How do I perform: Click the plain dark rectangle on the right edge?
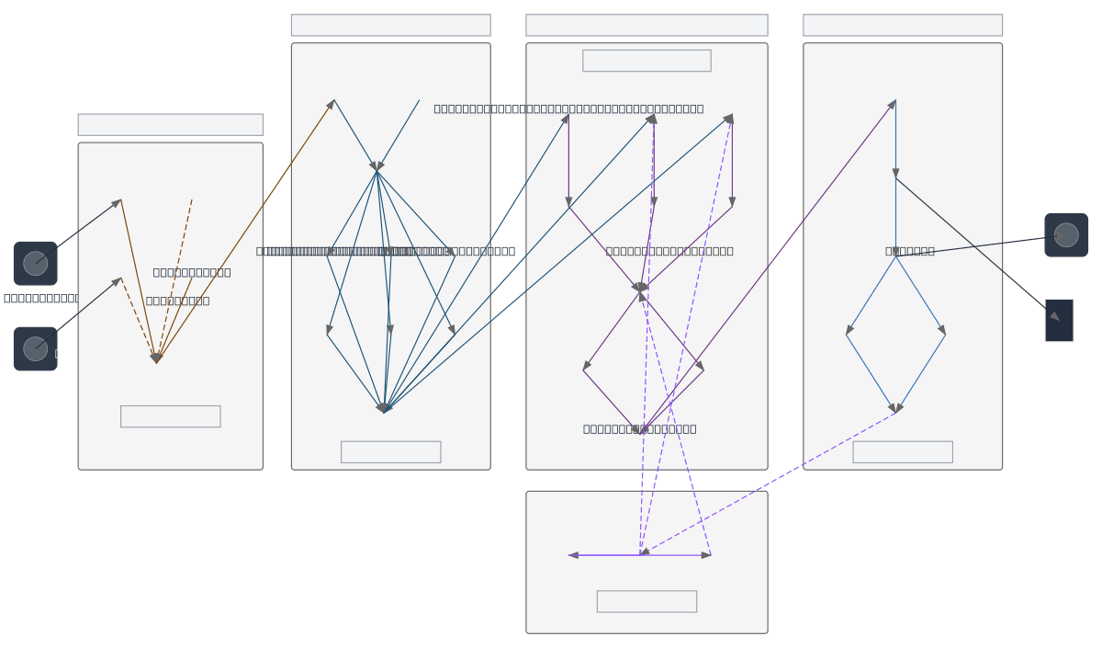[x=1059, y=320]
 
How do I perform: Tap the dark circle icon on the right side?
[x=1066, y=235]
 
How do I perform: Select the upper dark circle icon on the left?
[x=36, y=264]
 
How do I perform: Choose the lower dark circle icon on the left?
[x=36, y=349]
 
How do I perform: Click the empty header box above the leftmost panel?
[x=170, y=125]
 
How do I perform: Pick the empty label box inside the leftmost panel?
[x=170, y=416]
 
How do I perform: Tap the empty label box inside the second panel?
[x=390, y=452]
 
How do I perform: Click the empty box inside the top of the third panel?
[x=647, y=61]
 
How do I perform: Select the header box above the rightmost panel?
[x=903, y=25]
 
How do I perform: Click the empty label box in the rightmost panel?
[x=903, y=452]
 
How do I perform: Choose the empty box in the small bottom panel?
[x=647, y=601]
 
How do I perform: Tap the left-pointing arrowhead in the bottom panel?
[x=573, y=555]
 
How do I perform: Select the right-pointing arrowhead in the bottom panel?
[x=706, y=555]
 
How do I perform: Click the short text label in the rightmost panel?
[x=910, y=251]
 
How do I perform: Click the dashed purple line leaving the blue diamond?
[x=771, y=482]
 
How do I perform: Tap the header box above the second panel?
[x=390, y=25]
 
